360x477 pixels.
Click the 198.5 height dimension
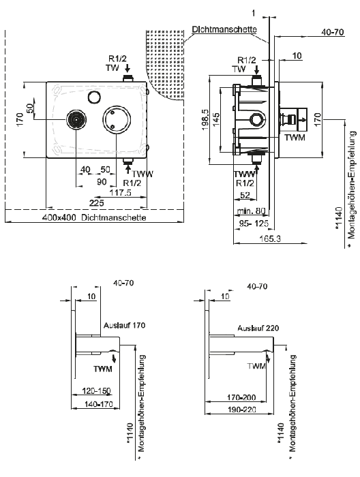pyautogui.click(x=205, y=120)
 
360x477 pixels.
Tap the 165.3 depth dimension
pyautogui.click(x=270, y=238)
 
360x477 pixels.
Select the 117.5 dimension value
pyautogui.click(x=120, y=193)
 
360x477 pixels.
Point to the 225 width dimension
pyautogui.click(x=96, y=202)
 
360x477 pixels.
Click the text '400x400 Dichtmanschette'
pyautogui.click(x=94, y=217)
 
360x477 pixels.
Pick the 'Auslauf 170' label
pyautogui.click(x=125, y=325)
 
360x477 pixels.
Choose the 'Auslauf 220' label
pyautogui.click(x=258, y=328)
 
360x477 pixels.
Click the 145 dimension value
pyautogui.click(x=215, y=120)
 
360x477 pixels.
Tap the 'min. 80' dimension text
pyautogui.click(x=252, y=211)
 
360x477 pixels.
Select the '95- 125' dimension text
pyautogui.click(x=254, y=224)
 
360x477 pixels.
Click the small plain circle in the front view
pyautogui.click(x=93, y=97)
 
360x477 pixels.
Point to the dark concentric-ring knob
pyautogui.click(x=76, y=119)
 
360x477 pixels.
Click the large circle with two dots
pyautogui.click(x=117, y=119)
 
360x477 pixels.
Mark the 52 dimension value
pyautogui.click(x=245, y=196)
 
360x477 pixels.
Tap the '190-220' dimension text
pyautogui.click(x=242, y=410)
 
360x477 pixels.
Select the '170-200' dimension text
pyautogui.click(x=241, y=397)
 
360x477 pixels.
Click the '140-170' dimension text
pyautogui.click(x=99, y=404)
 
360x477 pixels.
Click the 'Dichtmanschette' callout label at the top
pyautogui.click(x=224, y=29)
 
